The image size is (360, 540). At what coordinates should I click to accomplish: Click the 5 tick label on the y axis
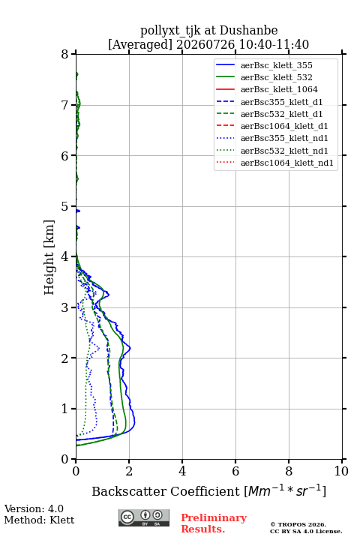(x=65, y=207)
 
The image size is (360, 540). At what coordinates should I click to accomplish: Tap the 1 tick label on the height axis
(x=65, y=409)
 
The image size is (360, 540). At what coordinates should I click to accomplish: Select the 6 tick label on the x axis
(x=235, y=471)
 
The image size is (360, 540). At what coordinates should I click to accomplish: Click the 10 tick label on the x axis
(x=341, y=471)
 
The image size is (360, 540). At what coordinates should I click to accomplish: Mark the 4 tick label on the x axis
(x=182, y=471)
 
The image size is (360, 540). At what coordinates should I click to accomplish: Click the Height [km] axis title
(x=49, y=257)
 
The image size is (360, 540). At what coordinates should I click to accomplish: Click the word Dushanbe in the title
(x=248, y=30)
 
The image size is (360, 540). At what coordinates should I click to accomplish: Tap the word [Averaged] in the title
(x=140, y=44)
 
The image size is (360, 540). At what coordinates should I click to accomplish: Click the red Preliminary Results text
(x=214, y=523)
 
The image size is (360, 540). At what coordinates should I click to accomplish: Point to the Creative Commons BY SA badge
(x=144, y=517)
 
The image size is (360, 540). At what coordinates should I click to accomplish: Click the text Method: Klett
(x=39, y=520)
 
